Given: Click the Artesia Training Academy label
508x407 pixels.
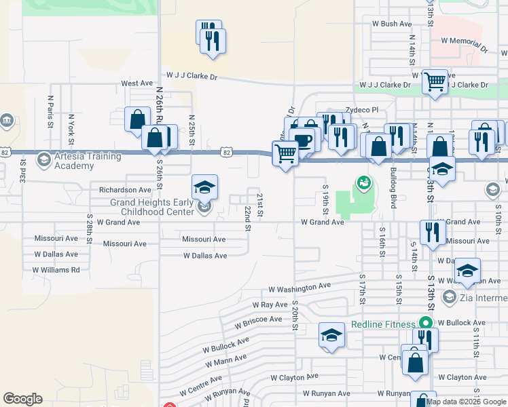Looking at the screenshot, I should [x=74, y=161].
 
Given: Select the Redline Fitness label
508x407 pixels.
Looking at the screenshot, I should [x=383, y=324].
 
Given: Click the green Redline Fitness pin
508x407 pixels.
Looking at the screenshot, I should [x=427, y=324].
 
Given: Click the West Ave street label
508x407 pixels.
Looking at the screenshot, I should [x=137, y=83].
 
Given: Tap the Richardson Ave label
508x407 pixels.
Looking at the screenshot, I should [x=125, y=190].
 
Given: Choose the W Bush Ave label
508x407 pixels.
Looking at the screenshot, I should [x=388, y=24].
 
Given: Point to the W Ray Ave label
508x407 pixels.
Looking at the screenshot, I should [x=270, y=305].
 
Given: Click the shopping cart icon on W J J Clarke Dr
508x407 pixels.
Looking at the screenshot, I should [x=435, y=82].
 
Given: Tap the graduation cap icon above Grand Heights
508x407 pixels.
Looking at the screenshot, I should [x=204, y=187].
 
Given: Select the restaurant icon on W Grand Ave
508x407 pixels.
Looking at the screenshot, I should [x=433, y=232].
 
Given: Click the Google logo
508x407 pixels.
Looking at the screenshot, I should [x=22, y=399].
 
